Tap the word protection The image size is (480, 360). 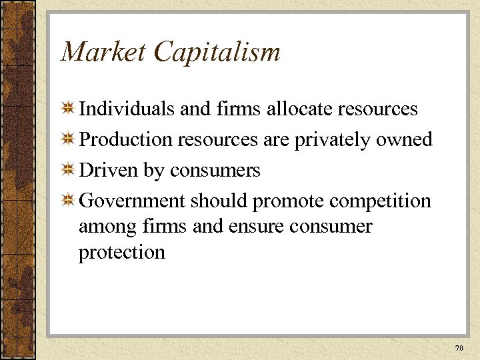[122, 253]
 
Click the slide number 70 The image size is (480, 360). [458, 348]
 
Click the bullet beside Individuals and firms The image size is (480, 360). [68, 109]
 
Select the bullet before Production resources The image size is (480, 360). [68, 139]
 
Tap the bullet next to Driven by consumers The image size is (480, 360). [68, 170]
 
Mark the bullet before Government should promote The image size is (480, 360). [68, 201]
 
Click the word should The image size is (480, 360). [221, 201]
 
